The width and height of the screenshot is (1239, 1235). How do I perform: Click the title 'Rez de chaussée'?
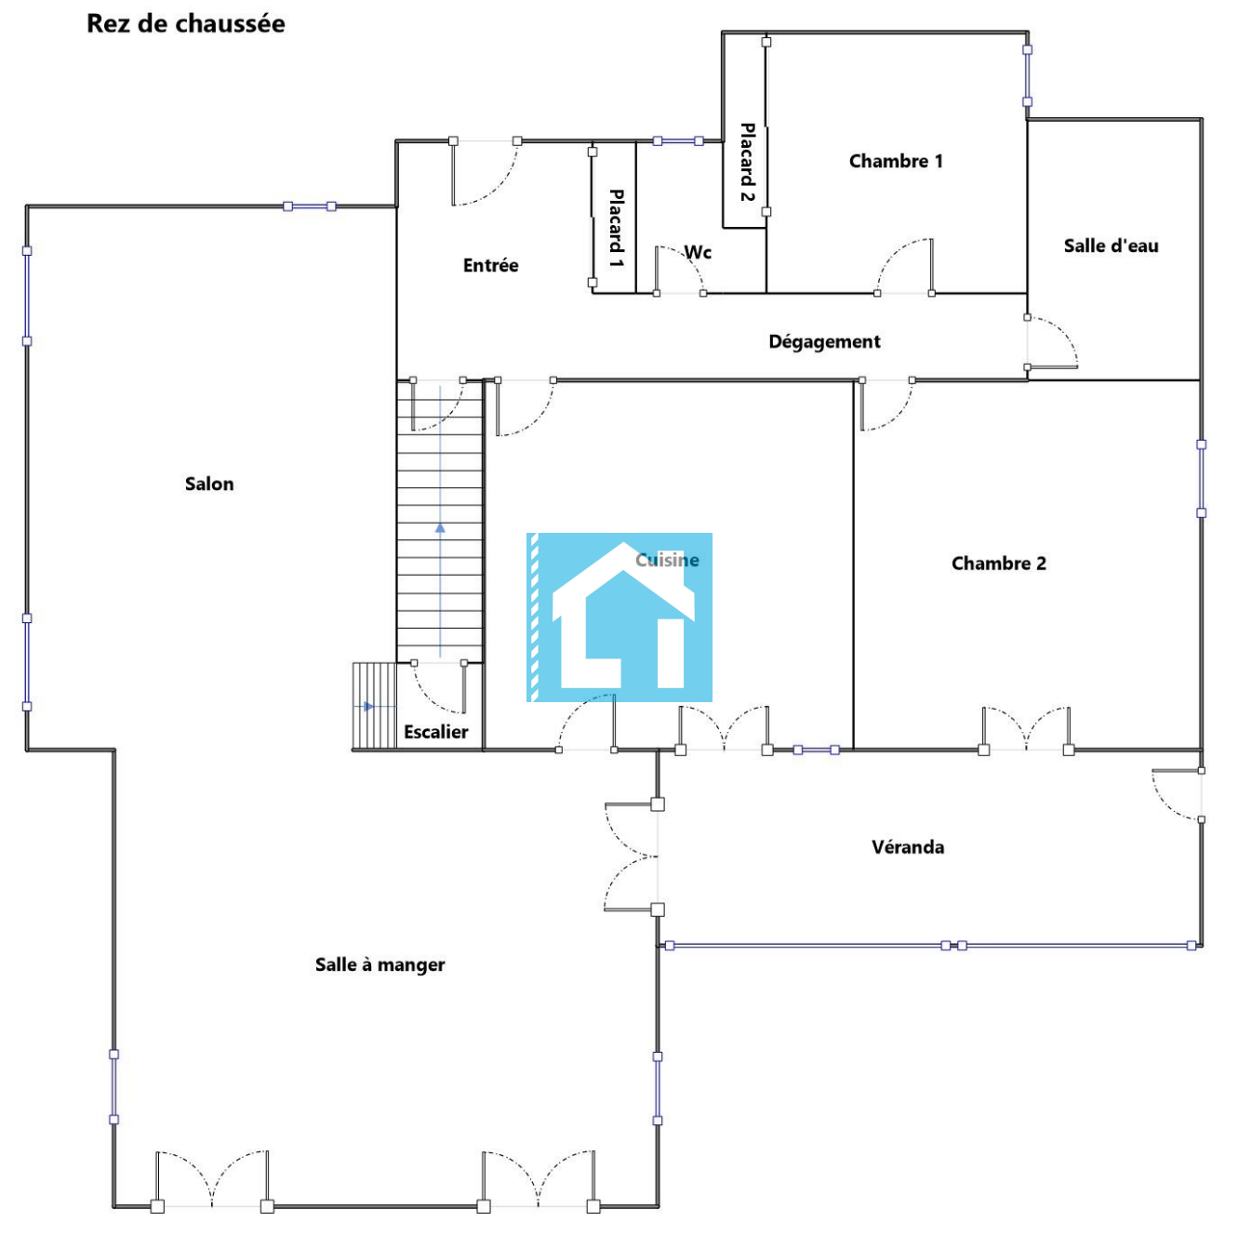(x=185, y=24)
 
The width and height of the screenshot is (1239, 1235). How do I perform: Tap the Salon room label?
(x=209, y=484)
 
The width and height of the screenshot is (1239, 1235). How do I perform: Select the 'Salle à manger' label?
(x=380, y=964)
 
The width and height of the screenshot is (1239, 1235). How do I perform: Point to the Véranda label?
(x=907, y=846)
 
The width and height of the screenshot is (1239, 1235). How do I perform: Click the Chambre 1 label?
(x=896, y=161)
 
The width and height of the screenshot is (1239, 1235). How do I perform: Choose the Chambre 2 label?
(x=998, y=564)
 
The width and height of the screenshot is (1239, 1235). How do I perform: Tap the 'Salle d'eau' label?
(x=1111, y=246)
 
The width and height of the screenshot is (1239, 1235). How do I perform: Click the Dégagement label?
(x=824, y=341)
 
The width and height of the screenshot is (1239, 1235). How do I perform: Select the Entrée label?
(x=490, y=265)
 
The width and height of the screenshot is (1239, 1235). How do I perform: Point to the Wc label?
(x=698, y=252)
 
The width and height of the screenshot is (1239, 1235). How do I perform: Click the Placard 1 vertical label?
(x=616, y=228)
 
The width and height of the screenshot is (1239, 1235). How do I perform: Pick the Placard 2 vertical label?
(x=747, y=162)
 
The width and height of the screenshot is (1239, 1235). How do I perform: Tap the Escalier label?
(x=436, y=732)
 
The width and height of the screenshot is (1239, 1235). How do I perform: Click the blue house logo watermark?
(x=619, y=617)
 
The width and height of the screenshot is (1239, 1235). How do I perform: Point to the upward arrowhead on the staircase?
(x=440, y=528)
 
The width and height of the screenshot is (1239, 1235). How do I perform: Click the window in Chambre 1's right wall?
(x=1027, y=75)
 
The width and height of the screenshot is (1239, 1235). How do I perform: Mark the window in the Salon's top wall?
(x=309, y=206)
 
